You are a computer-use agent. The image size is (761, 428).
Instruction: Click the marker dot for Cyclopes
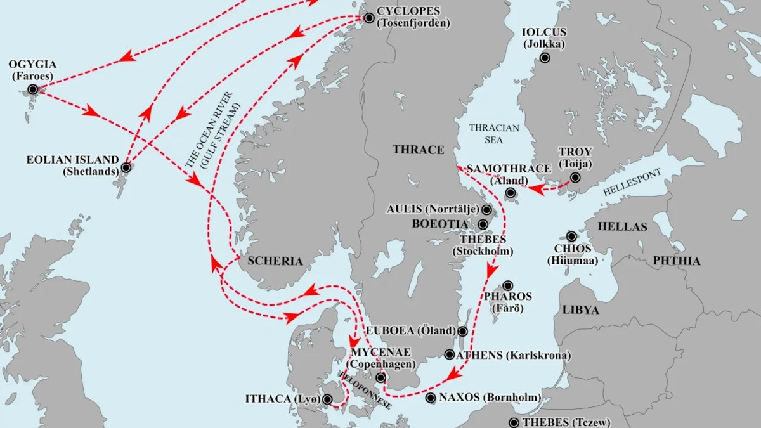click(x=369, y=18)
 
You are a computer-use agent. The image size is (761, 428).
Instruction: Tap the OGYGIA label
click(x=32, y=65)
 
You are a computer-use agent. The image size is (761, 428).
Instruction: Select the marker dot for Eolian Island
click(x=126, y=168)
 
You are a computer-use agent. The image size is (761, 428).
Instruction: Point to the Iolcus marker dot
click(x=544, y=58)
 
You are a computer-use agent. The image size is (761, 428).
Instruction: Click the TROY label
click(x=575, y=152)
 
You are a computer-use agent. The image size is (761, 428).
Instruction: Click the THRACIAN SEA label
click(x=494, y=133)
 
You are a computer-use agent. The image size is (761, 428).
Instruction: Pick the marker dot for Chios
click(x=571, y=236)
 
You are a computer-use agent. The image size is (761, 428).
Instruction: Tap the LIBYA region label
click(x=580, y=309)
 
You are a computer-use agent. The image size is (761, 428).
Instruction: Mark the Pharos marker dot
click(x=507, y=286)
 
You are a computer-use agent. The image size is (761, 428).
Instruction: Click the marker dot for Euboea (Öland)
click(x=463, y=331)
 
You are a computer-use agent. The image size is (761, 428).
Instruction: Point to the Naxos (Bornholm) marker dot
click(x=431, y=398)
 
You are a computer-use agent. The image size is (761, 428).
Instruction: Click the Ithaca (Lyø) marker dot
click(x=327, y=399)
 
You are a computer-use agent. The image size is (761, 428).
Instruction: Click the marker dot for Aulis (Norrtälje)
click(x=486, y=209)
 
